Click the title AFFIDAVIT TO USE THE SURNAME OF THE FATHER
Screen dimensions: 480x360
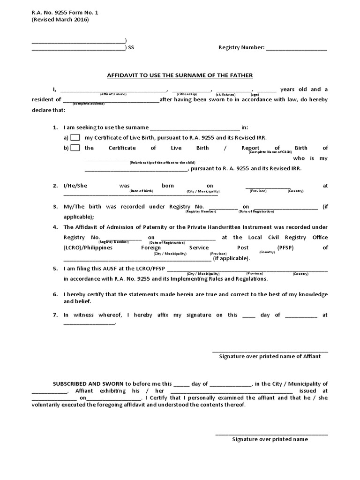180,75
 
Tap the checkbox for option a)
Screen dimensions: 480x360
75,138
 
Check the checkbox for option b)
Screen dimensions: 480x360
75,148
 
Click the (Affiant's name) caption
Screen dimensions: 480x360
113,94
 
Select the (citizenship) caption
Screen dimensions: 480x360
187,94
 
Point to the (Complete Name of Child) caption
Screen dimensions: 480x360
270,152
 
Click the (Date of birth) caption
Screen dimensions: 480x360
141,191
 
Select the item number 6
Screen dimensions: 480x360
55,294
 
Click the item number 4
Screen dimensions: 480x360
55,227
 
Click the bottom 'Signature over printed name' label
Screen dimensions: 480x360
270,439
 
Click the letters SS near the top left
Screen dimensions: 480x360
131,48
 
